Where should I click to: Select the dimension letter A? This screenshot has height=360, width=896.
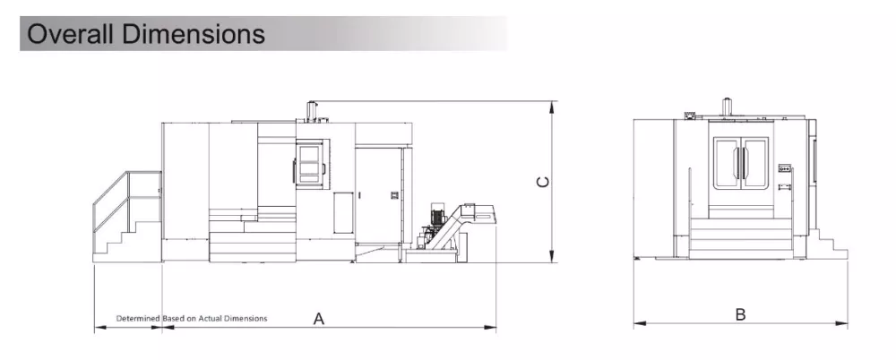coord(319,319)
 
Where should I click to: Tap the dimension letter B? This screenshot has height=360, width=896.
coord(741,314)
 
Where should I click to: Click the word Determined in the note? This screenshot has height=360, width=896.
coord(138,318)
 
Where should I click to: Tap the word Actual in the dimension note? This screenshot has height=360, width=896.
coord(211,318)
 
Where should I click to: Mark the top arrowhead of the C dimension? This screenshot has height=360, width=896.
coord(552,107)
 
